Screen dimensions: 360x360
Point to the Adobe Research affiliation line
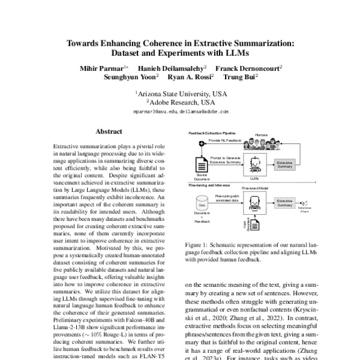tap(181, 103)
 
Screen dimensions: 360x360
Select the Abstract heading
tap(109, 131)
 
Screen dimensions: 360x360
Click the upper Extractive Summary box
tap(285, 164)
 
